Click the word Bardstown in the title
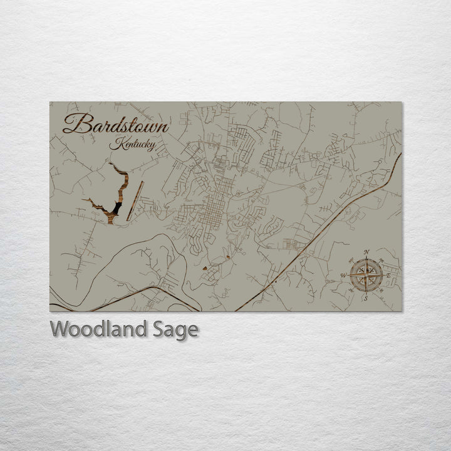point(116,124)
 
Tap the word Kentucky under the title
point(132,144)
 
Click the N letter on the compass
point(366,253)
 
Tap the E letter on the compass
point(388,276)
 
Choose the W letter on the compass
point(344,276)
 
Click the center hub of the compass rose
point(366,275)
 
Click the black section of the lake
point(117,207)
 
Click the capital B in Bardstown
point(73,124)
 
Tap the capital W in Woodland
point(60,329)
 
